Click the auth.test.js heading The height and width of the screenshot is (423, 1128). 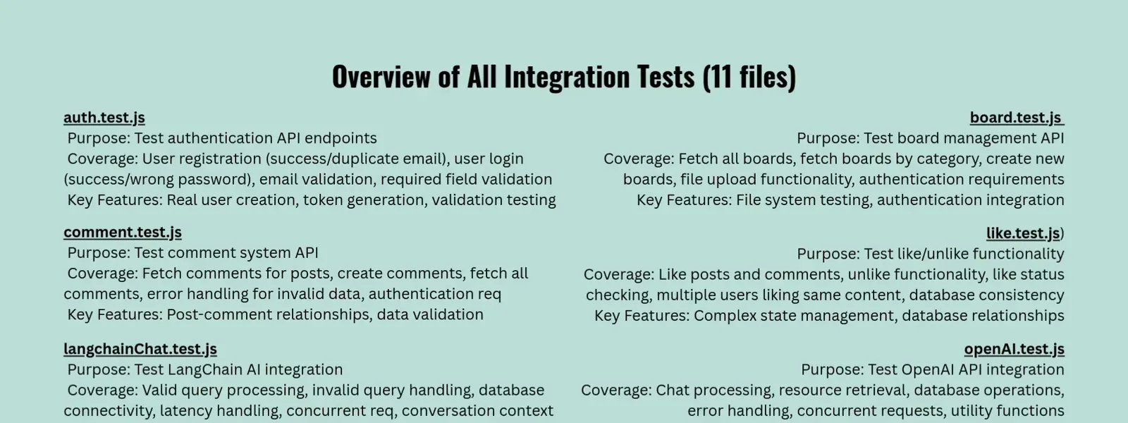pyautogui.click(x=104, y=118)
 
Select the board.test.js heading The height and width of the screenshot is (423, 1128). pyautogui.click(x=1017, y=118)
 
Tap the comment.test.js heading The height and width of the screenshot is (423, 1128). pyautogui.click(x=123, y=233)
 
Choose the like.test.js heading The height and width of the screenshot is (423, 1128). pyautogui.click(x=1023, y=233)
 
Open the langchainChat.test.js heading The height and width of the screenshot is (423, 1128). pyautogui.click(x=140, y=349)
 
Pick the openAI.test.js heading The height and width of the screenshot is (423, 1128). pyautogui.click(x=1014, y=349)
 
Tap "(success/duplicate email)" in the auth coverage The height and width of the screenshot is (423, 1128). pyautogui.click(x=357, y=159)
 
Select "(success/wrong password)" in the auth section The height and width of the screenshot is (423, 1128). pyautogui.click(x=157, y=180)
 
